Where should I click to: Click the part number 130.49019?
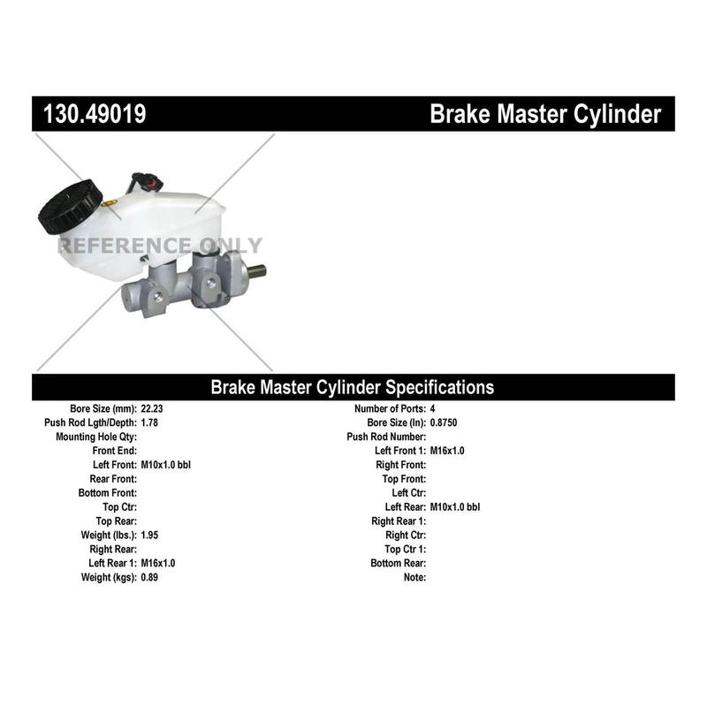[x=95, y=114]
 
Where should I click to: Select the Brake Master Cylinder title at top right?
[x=545, y=114]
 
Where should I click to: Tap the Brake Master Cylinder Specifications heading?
[x=352, y=387]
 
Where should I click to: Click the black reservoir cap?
[x=70, y=207]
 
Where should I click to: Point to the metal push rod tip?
[x=256, y=272]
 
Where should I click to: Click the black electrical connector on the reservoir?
[x=147, y=181]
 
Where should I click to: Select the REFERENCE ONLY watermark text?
[x=160, y=246]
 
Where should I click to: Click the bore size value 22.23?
[x=152, y=409]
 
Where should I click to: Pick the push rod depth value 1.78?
[x=149, y=423]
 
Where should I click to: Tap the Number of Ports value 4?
[x=432, y=409]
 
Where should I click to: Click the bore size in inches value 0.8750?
[x=444, y=423]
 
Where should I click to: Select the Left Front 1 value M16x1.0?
[x=447, y=451]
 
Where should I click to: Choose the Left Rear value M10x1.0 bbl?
[x=455, y=507]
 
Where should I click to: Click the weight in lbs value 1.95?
[x=149, y=536]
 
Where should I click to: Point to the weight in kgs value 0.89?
[x=149, y=578]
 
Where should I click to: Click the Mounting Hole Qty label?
[x=96, y=437]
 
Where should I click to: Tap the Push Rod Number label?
[x=386, y=437]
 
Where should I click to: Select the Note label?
[x=414, y=578]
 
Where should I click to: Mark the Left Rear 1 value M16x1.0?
[x=158, y=563]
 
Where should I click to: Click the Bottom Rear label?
[x=399, y=563]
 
